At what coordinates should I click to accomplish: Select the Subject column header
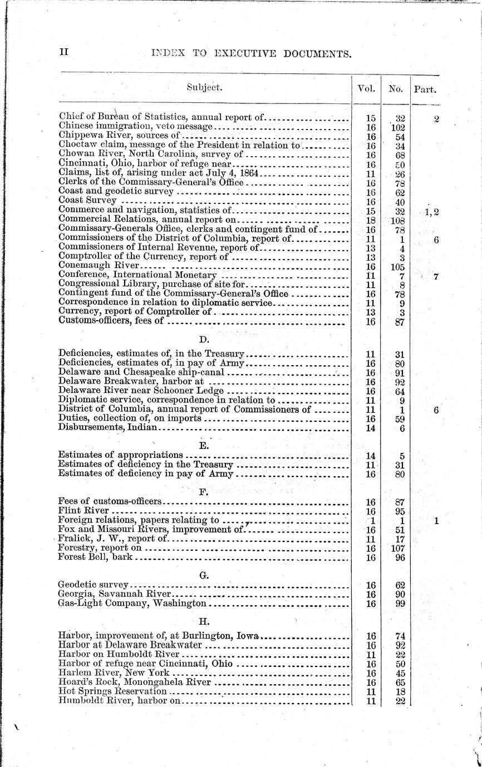[x=204, y=87]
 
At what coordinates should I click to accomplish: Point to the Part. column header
[x=425, y=88]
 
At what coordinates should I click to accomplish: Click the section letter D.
[x=204, y=338]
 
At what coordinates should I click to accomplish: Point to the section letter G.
[x=204, y=575]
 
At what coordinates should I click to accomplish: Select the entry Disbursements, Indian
[x=109, y=428]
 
